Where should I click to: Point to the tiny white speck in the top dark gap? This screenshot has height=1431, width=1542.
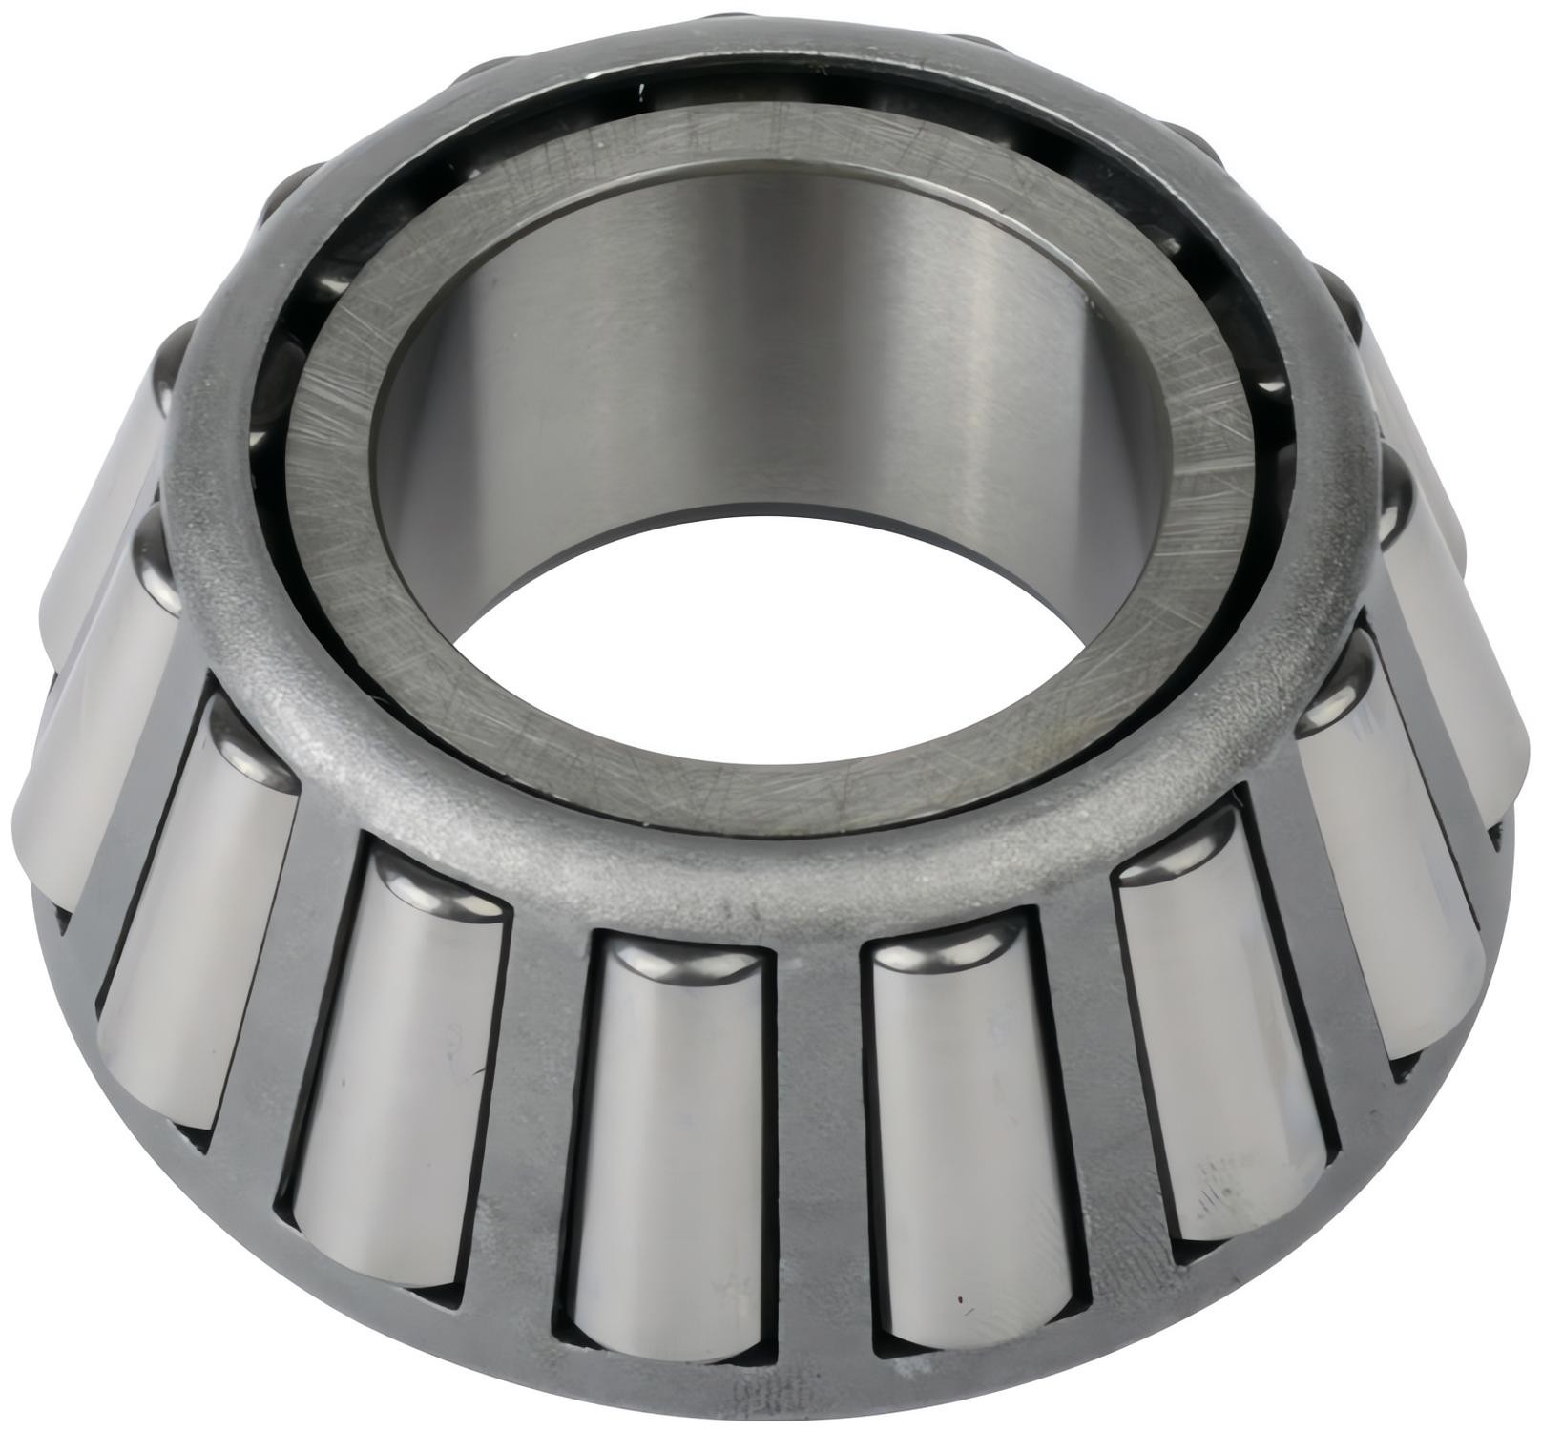coord(642,93)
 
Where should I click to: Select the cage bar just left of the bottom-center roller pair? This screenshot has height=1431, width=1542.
coord(539,1097)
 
